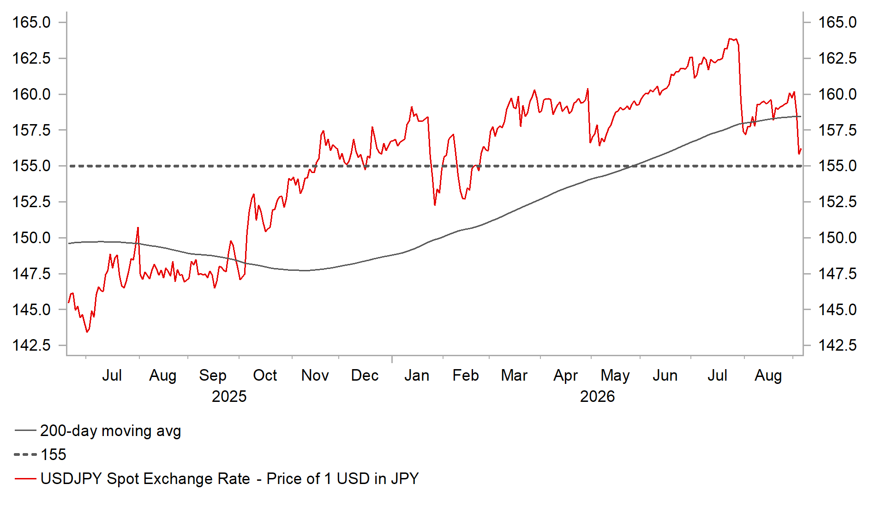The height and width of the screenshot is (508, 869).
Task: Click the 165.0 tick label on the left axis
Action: coord(31,22)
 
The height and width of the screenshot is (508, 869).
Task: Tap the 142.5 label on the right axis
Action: coord(837,345)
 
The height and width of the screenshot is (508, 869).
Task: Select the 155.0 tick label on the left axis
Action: coord(31,166)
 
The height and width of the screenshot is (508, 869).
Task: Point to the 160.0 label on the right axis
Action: coord(837,94)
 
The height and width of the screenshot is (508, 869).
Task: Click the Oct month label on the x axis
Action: coord(265,375)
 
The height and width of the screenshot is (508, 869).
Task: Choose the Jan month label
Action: coord(417,375)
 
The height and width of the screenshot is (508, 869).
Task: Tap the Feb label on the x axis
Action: coord(465,375)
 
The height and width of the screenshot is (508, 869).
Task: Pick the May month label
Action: coord(615,376)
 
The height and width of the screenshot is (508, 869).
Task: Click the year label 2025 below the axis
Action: coord(229,396)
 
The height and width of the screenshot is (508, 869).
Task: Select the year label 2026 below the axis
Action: coord(597,396)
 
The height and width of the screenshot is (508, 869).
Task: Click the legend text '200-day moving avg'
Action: coord(110,431)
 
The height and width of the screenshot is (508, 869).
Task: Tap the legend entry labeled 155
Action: coord(54,454)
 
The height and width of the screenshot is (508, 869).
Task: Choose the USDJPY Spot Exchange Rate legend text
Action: coord(229,478)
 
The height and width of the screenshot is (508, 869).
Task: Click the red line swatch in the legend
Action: coord(25,478)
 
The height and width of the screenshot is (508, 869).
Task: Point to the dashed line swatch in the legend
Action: coord(25,454)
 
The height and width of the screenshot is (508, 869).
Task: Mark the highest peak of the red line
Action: coord(730,39)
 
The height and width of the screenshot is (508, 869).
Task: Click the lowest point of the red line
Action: coord(87,332)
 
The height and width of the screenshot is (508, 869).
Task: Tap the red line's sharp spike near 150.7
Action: coord(138,227)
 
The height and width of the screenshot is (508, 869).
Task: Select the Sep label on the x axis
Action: coord(213,376)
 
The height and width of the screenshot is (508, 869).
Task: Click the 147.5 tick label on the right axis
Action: coord(837,274)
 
